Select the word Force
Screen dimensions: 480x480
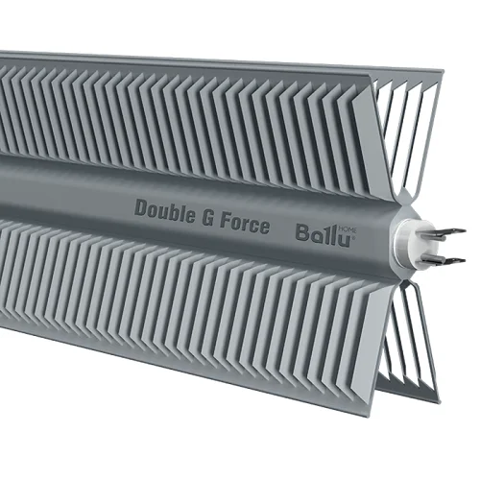click(x=245, y=225)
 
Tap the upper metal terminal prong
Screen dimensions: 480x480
click(x=445, y=233)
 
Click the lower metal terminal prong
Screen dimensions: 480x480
click(x=444, y=260)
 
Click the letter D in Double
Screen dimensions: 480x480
click(x=140, y=207)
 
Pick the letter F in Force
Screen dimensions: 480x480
click(x=225, y=221)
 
